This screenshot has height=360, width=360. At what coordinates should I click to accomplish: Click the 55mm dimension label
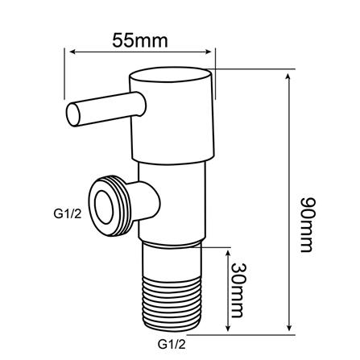coord(140,41)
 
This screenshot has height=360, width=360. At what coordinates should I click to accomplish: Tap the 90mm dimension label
coord(306,225)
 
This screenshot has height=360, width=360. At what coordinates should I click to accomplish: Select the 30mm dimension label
coord(238,290)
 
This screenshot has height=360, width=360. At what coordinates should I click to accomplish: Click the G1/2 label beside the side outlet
coord(68,214)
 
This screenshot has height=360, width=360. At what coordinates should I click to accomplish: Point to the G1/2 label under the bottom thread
coord(172,344)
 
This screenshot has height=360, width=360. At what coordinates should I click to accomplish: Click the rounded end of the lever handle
coord(73,114)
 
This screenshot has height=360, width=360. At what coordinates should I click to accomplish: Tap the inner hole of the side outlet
coord(105,207)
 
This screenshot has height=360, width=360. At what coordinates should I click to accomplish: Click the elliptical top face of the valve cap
coord(170,76)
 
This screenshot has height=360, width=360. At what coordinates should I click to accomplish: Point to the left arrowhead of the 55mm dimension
coord(72,52)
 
